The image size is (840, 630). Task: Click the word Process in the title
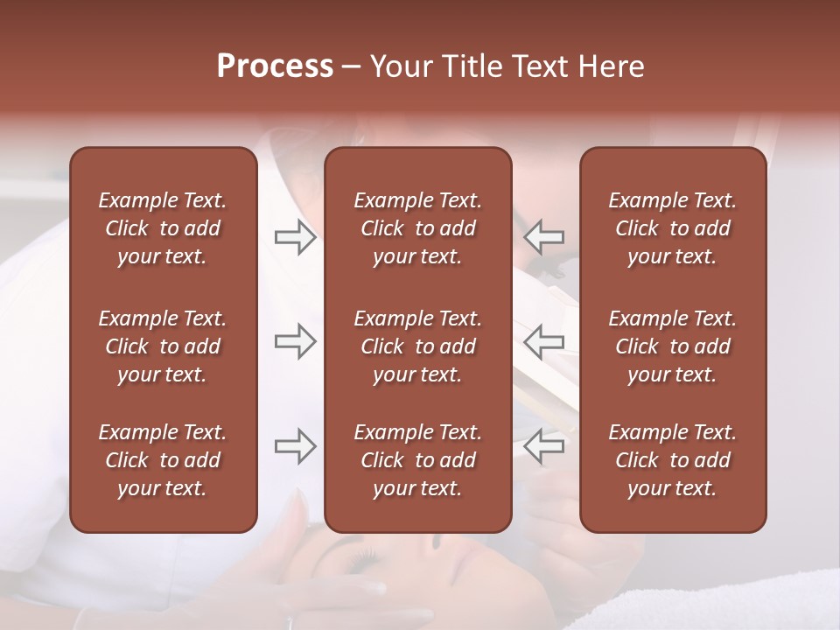(x=275, y=66)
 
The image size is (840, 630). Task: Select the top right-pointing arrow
(x=295, y=237)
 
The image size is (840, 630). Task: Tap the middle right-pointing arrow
(x=295, y=341)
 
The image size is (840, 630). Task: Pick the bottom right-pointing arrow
(x=295, y=446)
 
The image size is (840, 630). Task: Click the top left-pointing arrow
(x=543, y=237)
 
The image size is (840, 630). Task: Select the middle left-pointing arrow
(x=543, y=341)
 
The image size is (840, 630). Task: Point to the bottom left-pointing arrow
(x=543, y=446)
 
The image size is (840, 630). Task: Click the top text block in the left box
(x=163, y=228)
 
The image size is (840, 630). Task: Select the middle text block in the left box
(x=163, y=346)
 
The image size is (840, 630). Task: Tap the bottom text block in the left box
(x=163, y=460)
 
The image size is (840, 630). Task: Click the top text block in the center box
(x=417, y=228)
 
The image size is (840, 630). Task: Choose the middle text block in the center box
(x=417, y=346)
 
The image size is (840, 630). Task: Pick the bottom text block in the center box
(x=417, y=460)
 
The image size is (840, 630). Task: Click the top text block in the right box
(x=672, y=228)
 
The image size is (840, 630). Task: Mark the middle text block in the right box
(x=672, y=346)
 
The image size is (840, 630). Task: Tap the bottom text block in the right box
(x=672, y=460)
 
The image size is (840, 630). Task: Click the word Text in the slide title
(x=538, y=66)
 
